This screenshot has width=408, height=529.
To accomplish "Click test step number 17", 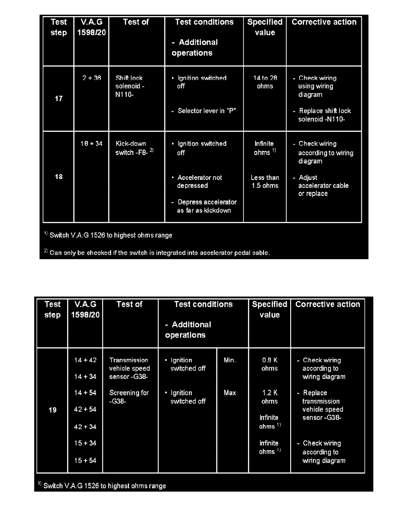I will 59,98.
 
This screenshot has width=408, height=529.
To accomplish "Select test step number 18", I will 59,177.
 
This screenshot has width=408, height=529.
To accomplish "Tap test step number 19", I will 52,410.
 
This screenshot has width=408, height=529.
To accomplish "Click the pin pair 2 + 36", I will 92,78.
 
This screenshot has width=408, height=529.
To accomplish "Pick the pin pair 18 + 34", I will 92,144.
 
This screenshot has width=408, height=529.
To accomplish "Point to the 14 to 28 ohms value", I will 265,82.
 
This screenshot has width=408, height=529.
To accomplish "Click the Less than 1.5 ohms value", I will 265,182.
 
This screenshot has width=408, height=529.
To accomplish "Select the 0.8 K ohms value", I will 269,364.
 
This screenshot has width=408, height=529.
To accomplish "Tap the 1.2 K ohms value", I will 269,397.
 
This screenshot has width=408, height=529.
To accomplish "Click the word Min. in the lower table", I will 230,360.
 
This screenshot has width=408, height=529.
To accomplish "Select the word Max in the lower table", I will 230,393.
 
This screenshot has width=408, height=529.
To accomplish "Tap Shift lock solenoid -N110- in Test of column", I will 129,86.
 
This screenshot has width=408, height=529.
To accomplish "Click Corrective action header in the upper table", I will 324,22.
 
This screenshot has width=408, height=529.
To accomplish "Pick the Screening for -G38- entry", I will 129,397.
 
